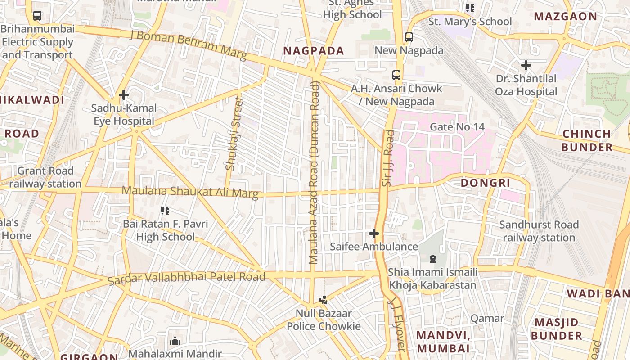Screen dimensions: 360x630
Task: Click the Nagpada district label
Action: point(314,51)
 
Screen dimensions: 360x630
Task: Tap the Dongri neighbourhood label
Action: point(486,183)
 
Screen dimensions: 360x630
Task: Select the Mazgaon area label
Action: point(565,17)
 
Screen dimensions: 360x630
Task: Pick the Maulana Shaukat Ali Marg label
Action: point(190,192)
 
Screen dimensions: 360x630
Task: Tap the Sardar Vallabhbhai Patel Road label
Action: point(186,277)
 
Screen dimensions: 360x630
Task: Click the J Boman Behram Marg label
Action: point(188,45)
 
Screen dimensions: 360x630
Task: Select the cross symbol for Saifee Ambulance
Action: point(374,234)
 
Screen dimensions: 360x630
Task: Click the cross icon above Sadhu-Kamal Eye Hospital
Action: point(124,95)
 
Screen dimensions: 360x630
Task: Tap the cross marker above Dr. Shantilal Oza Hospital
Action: point(526,65)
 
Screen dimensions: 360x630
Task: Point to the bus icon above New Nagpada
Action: point(409,37)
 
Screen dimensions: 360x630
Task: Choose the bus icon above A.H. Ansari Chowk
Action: point(396,75)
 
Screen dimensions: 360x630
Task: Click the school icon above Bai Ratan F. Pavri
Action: point(165,210)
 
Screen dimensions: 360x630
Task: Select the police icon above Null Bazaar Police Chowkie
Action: point(323,300)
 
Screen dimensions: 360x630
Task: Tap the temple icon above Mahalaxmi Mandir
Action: point(175,341)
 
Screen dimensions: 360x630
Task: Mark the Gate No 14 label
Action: point(457,127)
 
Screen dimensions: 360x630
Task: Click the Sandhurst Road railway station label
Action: point(539,231)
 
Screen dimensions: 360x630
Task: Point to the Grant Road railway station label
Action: point(45,177)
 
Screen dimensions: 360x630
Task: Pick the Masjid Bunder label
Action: point(556,329)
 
